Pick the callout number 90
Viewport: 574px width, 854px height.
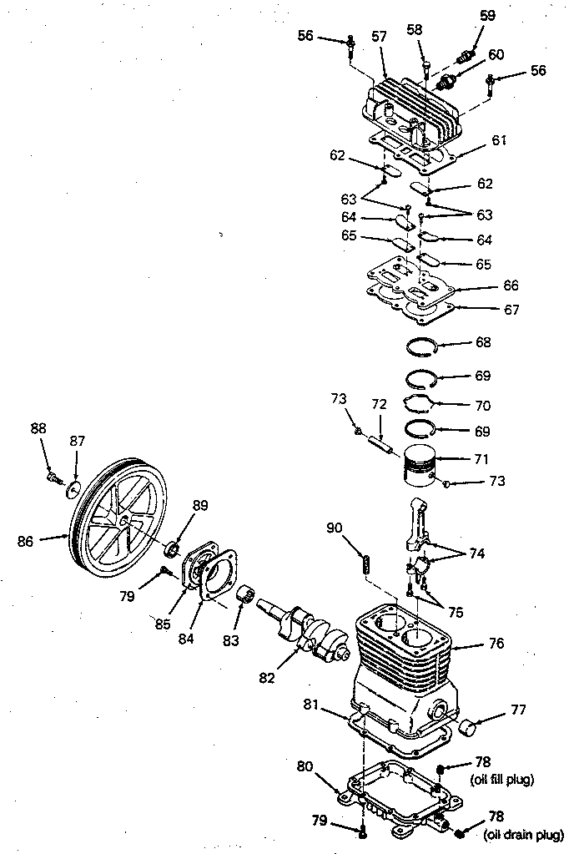point(334,528)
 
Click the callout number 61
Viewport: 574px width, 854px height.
point(499,140)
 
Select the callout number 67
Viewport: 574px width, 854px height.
point(511,310)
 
